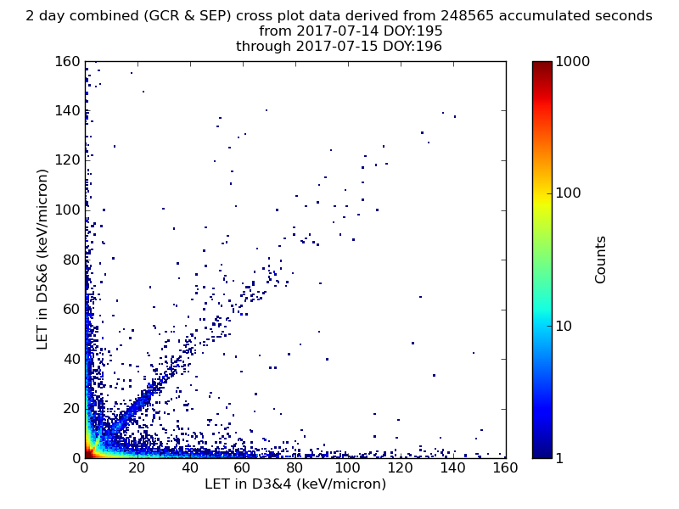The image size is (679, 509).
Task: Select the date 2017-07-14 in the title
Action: [x=337, y=31]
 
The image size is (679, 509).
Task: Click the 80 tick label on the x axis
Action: [x=295, y=468]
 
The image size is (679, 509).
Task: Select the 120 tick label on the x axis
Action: [x=400, y=468]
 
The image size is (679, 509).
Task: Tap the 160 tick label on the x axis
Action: [x=505, y=468]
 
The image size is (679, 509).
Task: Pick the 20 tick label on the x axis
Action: [x=137, y=468]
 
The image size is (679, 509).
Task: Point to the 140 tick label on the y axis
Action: [x=68, y=111]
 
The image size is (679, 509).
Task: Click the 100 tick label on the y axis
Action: [x=68, y=210]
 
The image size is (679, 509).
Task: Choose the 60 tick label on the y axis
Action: [x=72, y=309]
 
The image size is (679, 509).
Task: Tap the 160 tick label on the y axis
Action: [x=68, y=61]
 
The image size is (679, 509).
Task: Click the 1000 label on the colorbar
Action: [x=572, y=61]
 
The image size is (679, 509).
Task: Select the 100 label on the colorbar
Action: [x=568, y=193]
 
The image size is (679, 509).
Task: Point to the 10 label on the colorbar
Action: [x=564, y=326]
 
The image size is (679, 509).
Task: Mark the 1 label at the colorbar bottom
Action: [x=559, y=458]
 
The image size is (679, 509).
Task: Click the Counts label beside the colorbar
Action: [x=600, y=260]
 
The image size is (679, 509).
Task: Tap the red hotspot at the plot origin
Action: [x=88, y=454]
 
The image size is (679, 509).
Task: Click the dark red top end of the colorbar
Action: [x=542, y=65]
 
